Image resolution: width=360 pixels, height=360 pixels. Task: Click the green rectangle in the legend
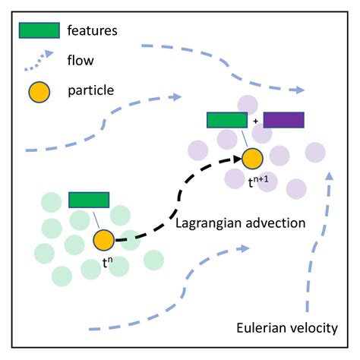click(x=38, y=30)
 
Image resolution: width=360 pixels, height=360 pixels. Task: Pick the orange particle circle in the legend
click(x=39, y=91)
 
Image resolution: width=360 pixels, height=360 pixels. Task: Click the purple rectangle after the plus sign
click(x=283, y=120)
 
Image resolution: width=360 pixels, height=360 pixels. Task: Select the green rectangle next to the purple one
click(x=227, y=120)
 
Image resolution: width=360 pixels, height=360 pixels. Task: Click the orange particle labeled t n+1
click(x=252, y=159)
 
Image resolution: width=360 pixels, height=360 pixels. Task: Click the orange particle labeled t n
click(x=104, y=241)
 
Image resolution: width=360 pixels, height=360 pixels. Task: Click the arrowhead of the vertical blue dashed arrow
click(x=330, y=175)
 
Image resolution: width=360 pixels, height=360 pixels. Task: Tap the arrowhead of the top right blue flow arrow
click(x=299, y=90)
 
